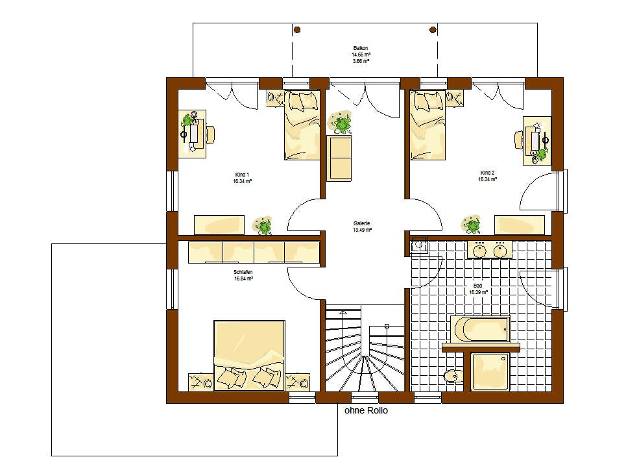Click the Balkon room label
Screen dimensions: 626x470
tap(361, 48)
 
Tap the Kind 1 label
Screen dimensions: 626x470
tap(242, 175)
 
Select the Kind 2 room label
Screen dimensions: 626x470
tap(487, 173)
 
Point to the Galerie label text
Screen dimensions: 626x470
tap(362, 224)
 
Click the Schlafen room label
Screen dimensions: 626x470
tap(243, 273)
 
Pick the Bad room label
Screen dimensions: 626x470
tap(477, 286)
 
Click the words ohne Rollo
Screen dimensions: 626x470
tap(366, 410)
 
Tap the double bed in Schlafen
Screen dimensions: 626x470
tap(250, 355)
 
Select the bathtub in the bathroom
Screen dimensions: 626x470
tap(480, 329)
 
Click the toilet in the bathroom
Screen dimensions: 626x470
tap(453, 376)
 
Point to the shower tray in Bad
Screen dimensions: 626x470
tap(490, 372)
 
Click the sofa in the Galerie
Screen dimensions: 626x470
tap(339, 158)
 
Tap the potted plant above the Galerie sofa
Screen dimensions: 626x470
tap(341, 123)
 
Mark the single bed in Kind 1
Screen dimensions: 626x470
tap(302, 125)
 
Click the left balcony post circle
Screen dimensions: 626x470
tap(297, 30)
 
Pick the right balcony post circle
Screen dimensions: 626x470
tap(433, 30)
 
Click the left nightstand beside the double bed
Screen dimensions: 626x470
tap(201, 382)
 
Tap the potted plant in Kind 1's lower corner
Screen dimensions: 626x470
tap(263, 226)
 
